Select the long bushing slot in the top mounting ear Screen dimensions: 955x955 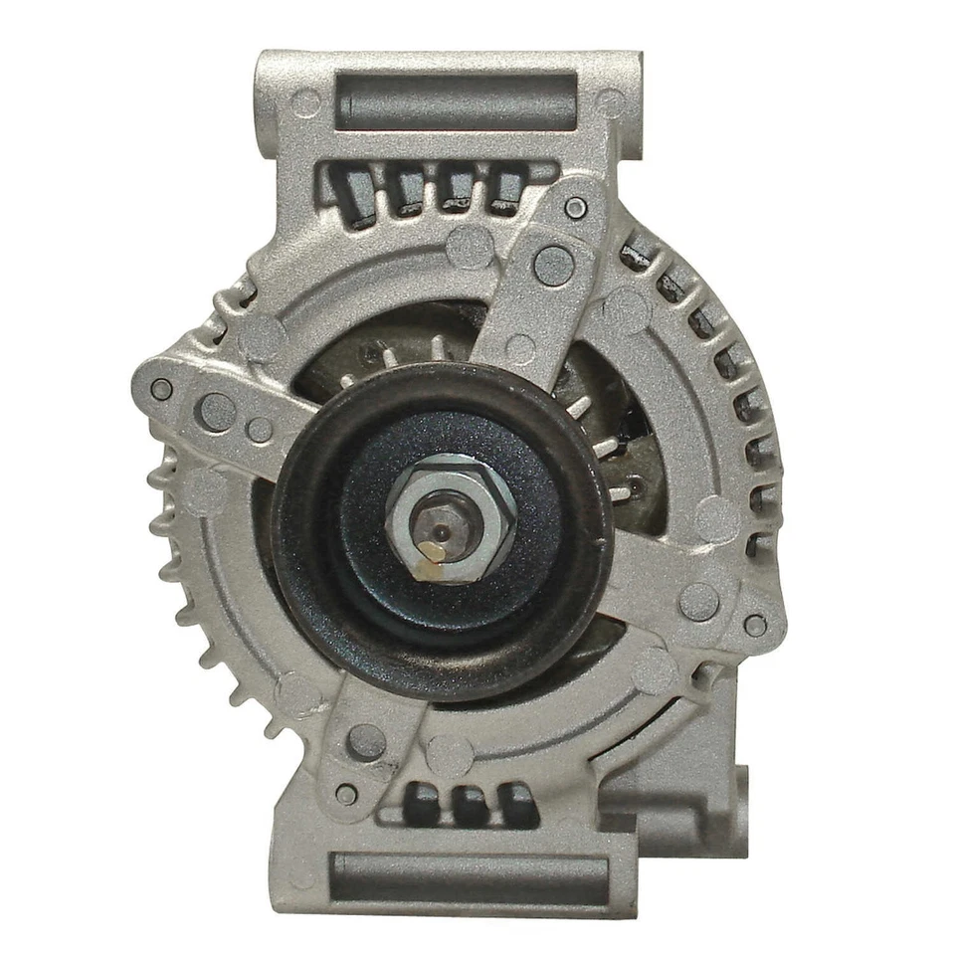pyautogui.click(x=456, y=100)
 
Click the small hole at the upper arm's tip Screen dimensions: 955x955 pyautogui.click(x=575, y=208)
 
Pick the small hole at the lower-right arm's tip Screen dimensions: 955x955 pyautogui.click(x=755, y=625)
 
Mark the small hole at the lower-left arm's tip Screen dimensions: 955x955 pyautogui.click(x=346, y=794)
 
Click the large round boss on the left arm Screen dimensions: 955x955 pyautogui.click(x=217, y=411)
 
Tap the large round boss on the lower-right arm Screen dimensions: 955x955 pyautogui.click(x=698, y=601)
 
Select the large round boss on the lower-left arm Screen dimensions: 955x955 pyautogui.click(x=366, y=741)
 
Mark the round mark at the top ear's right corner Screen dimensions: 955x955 pyautogui.click(x=608, y=101)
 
